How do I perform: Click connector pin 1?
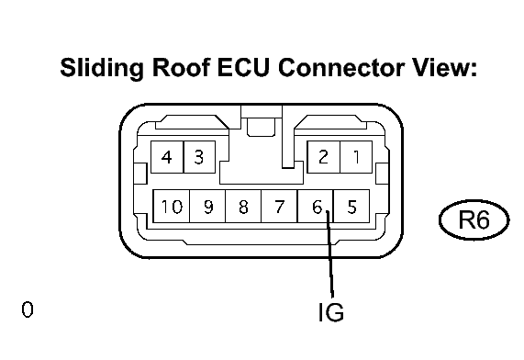[x=356, y=157]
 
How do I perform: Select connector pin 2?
[x=324, y=157]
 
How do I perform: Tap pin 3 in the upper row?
[x=199, y=157]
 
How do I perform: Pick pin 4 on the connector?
[x=167, y=157]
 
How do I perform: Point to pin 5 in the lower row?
[x=351, y=206]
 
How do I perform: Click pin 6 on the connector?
[x=316, y=206]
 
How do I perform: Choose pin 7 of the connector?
[x=279, y=206]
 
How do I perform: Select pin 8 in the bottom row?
[x=243, y=206]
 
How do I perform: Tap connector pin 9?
[x=207, y=206]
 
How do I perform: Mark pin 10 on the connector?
[x=171, y=206]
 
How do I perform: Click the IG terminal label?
[x=331, y=312]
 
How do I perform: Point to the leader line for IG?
[x=329, y=254]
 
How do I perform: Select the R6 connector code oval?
[x=474, y=219]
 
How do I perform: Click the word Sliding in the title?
[x=102, y=68]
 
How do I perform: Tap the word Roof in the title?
[x=182, y=67]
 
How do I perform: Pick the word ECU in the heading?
[x=243, y=67]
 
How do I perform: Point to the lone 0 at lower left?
[x=28, y=309]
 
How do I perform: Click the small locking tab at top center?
[x=261, y=128]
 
